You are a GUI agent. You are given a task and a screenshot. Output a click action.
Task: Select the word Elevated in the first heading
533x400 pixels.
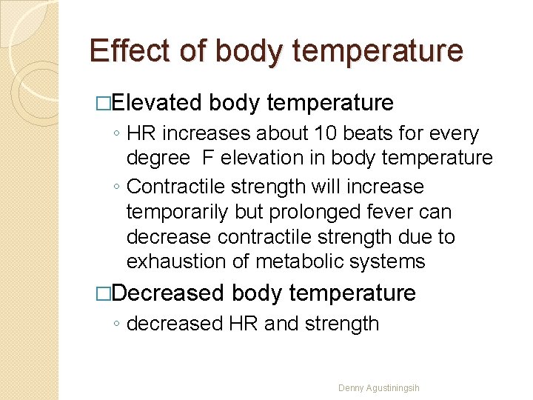click(158, 102)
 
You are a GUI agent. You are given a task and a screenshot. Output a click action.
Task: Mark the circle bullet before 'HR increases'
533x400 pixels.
click(118, 135)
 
